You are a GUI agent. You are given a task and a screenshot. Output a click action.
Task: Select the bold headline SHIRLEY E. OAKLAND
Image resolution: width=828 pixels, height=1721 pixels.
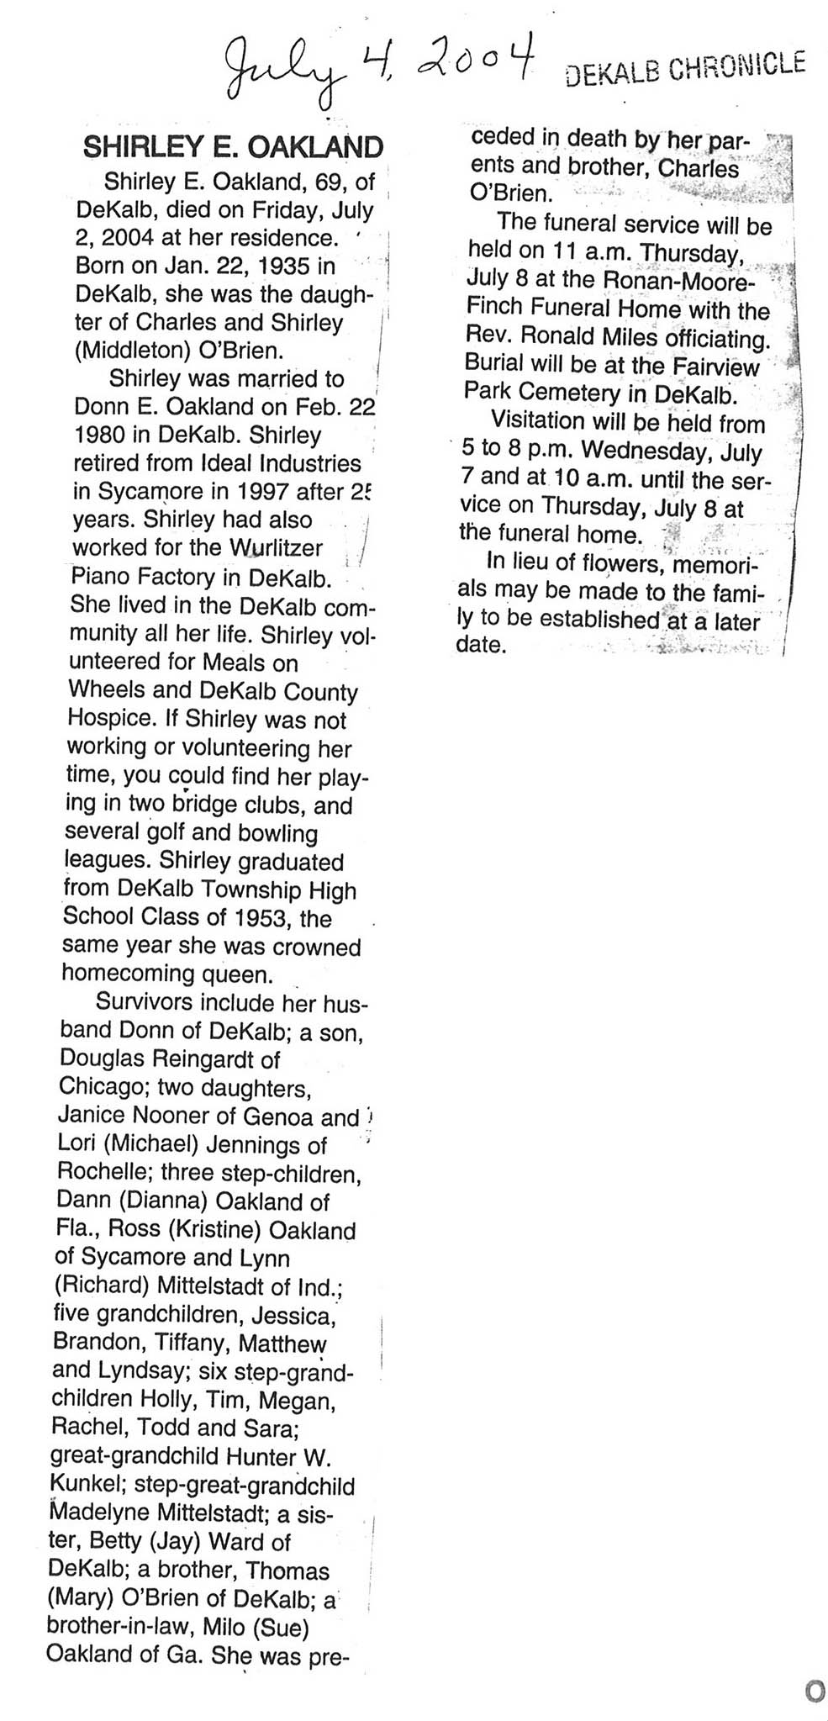pyautogui.click(x=233, y=147)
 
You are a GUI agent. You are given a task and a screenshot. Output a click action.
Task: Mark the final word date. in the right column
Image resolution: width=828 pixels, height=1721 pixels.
pyautogui.click(x=482, y=646)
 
